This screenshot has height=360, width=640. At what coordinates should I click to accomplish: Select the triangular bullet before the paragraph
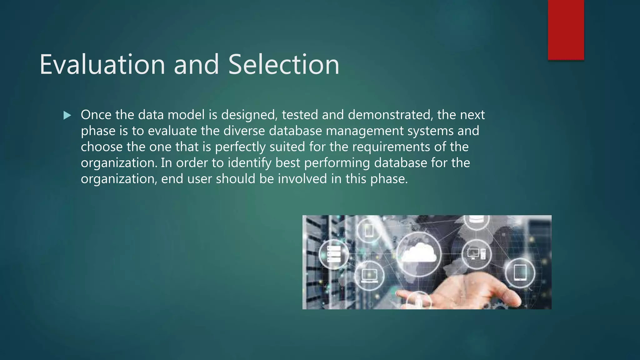tap(67, 116)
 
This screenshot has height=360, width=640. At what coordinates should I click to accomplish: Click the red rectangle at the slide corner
tap(566, 30)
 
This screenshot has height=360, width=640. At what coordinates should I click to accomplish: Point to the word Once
tap(96, 115)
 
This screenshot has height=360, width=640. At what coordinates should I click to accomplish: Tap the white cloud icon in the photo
tap(418, 252)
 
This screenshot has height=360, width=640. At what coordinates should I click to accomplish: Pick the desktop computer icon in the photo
tap(476, 253)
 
